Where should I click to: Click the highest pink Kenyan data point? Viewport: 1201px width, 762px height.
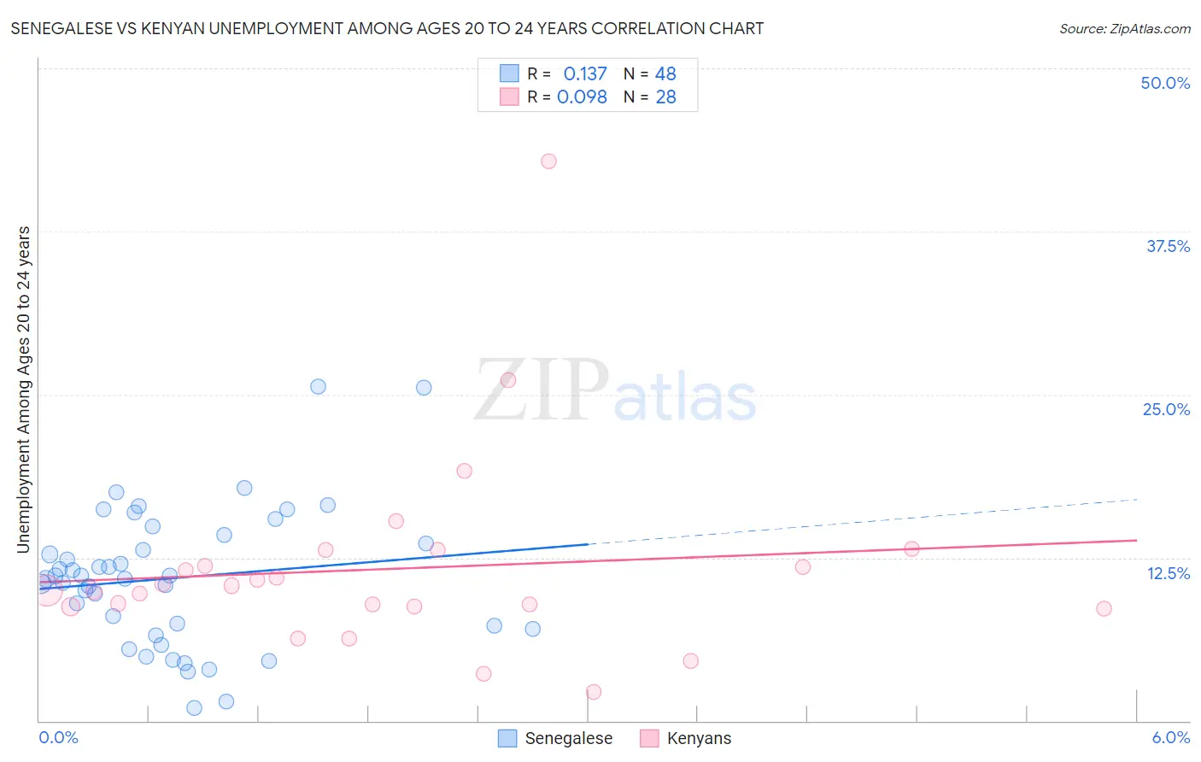click(548, 161)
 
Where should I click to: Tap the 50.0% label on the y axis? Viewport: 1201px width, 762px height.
click(1165, 83)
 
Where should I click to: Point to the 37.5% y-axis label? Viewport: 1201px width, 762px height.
click(1168, 246)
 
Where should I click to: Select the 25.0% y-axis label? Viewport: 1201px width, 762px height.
click(1166, 409)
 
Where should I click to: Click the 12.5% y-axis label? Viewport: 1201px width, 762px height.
click(1168, 573)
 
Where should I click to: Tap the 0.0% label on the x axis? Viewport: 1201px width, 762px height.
click(58, 737)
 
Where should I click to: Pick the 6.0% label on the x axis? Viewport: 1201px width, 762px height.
click(1170, 737)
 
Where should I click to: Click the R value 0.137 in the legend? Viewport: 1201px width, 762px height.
click(585, 74)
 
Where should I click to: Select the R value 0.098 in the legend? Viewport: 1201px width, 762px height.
click(582, 97)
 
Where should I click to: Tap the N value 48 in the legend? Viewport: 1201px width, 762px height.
click(665, 74)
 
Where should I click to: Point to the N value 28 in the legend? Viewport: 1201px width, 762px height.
click(665, 97)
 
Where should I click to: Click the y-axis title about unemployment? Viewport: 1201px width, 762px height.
click(24, 389)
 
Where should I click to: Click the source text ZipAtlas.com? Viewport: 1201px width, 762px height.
click(1125, 29)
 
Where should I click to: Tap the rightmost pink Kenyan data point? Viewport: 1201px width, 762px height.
click(1104, 608)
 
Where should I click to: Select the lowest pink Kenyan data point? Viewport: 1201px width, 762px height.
click(594, 692)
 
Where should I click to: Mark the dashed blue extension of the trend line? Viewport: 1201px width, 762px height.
click(863, 521)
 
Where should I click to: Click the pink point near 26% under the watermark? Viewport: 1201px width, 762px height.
click(508, 380)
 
